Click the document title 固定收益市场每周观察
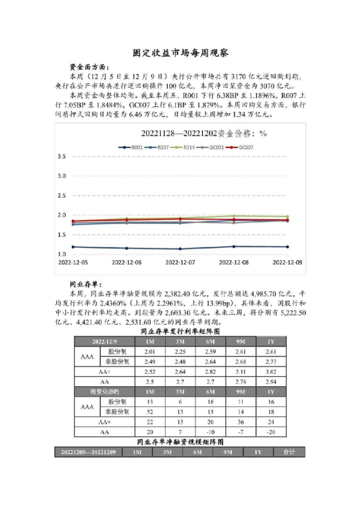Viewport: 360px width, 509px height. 180,53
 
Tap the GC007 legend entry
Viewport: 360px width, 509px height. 244,147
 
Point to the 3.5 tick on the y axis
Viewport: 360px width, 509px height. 61,157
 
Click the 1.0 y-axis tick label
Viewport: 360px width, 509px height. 61,253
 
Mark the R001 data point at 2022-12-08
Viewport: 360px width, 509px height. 234,246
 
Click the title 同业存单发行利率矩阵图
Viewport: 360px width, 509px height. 180,332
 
